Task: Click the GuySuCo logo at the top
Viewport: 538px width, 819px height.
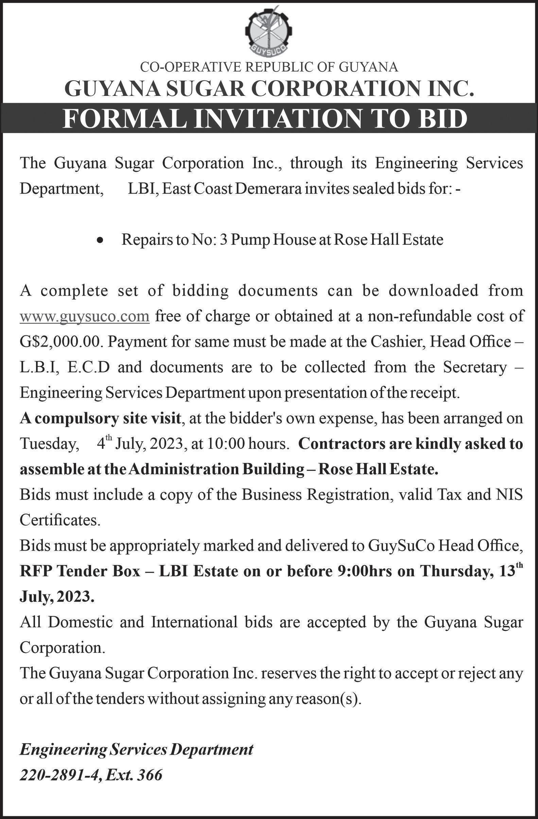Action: [269, 33]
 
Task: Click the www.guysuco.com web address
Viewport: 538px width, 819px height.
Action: [85, 316]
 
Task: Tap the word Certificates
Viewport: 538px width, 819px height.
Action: [60, 520]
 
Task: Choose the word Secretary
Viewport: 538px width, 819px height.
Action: [475, 367]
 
